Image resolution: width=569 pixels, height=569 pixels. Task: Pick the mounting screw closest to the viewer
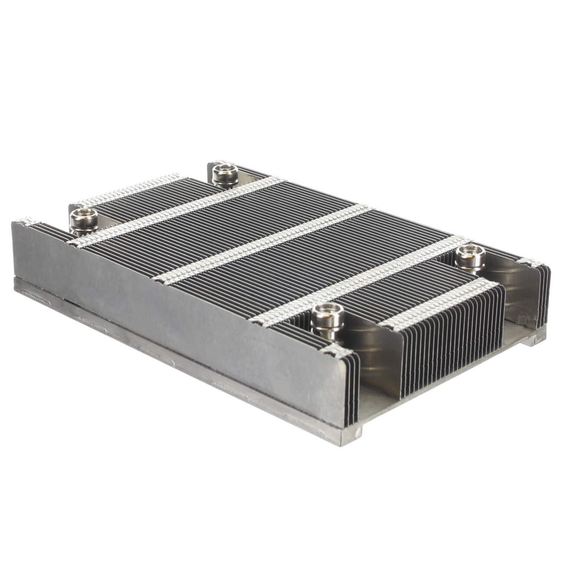[327, 319]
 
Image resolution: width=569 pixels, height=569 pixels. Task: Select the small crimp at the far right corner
[529, 262]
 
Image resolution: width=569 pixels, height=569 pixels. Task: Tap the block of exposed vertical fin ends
[453, 342]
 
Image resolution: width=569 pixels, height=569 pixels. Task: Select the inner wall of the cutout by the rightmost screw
[514, 295]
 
